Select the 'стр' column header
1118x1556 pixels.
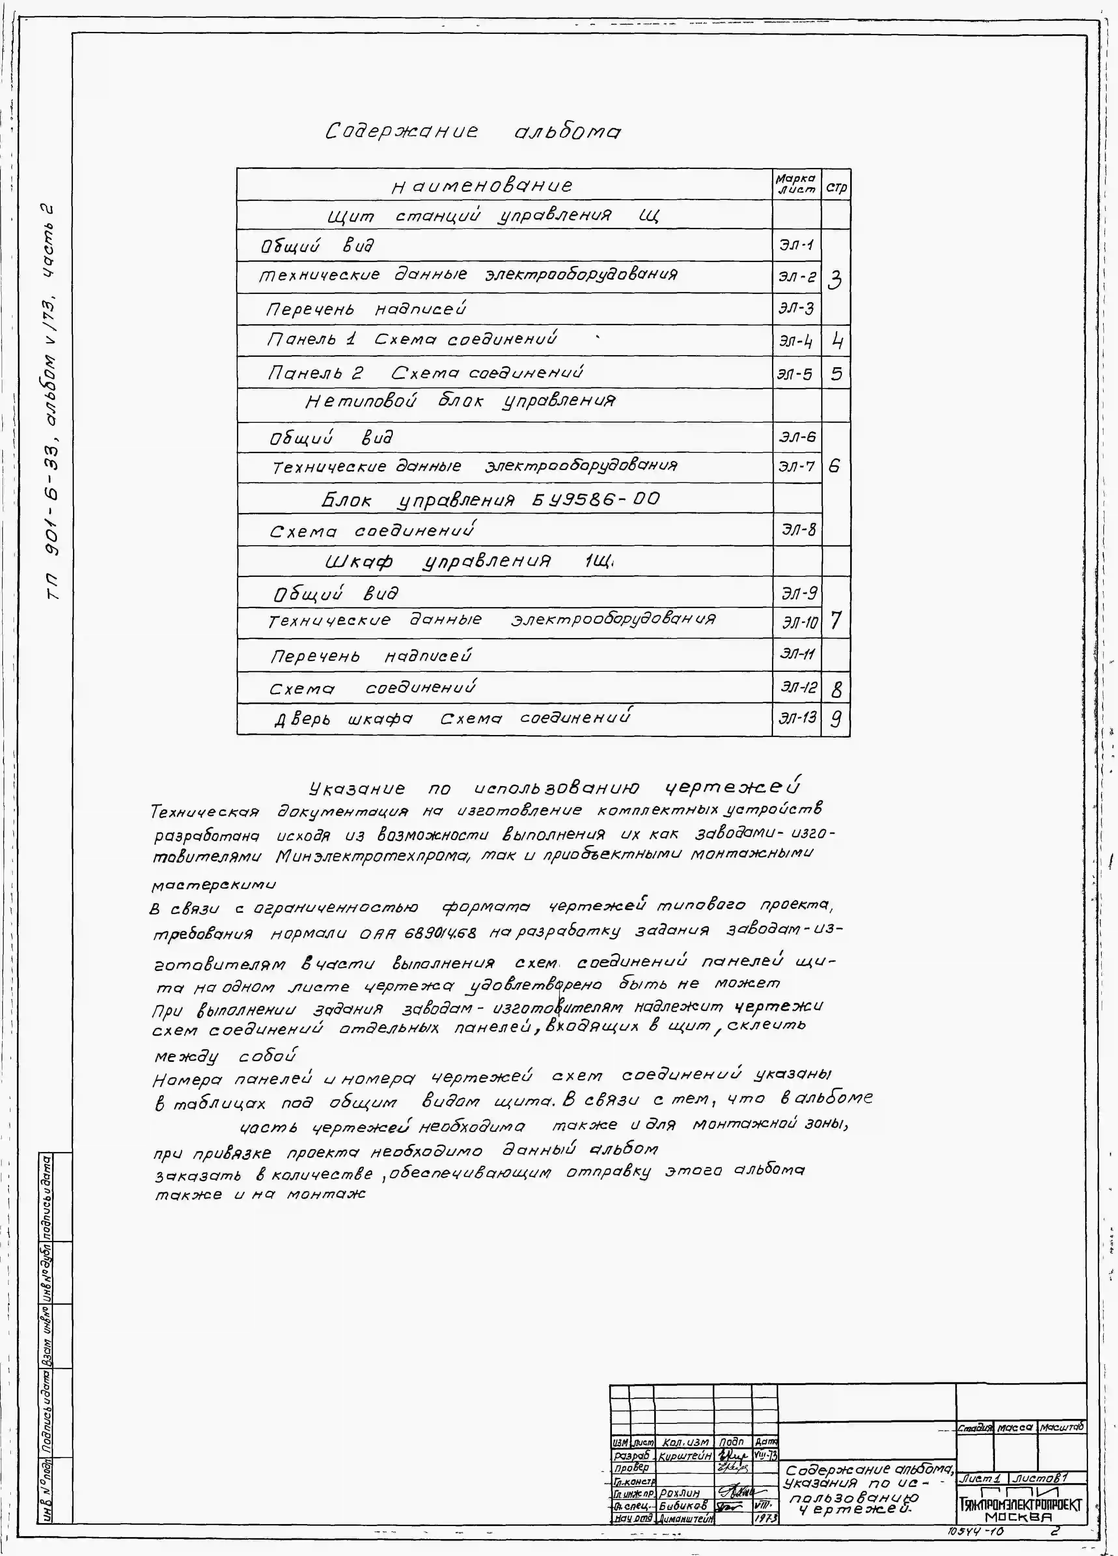pyautogui.click(x=836, y=187)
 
